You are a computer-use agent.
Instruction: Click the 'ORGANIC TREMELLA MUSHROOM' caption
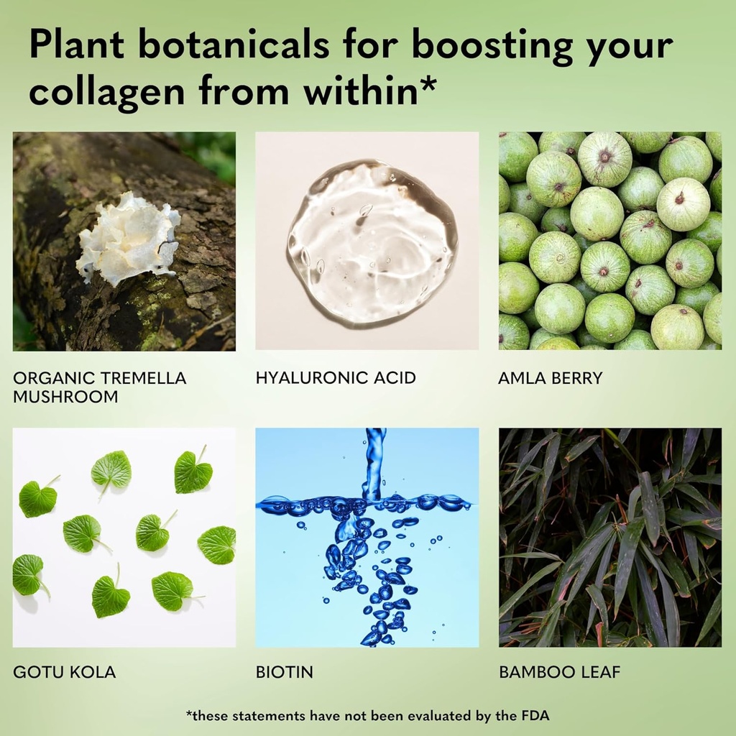[x=99, y=387]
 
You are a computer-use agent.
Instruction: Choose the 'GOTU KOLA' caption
[x=64, y=673]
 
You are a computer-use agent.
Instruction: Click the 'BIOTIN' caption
[x=284, y=673]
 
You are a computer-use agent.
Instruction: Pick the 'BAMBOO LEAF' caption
[x=559, y=673]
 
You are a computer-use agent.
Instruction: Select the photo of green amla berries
[x=609, y=241]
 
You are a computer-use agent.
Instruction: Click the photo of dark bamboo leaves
[x=609, y=537]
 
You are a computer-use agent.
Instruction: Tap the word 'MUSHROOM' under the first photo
[x=65, y=396]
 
